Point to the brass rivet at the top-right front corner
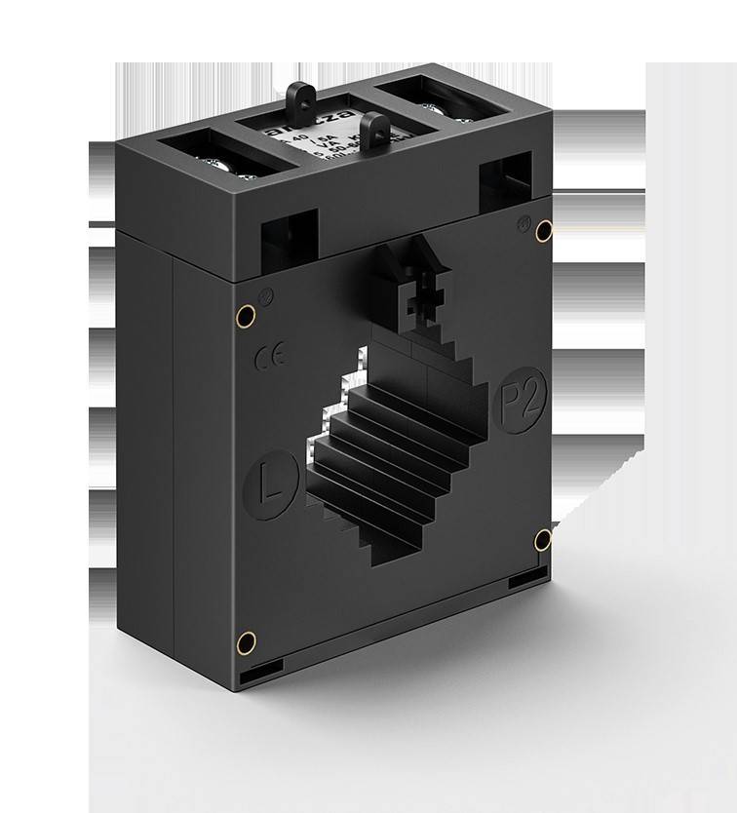[544, 231]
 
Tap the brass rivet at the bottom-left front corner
[247, 640]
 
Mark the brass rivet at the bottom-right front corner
[543, 539]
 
